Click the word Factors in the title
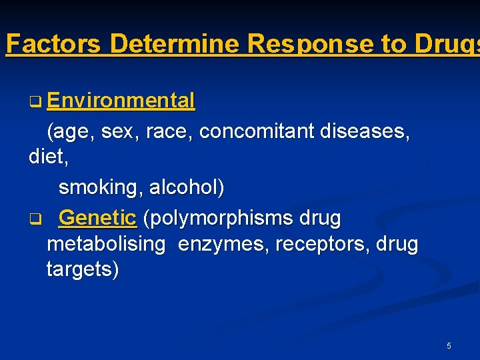[54, 44]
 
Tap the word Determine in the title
[175, 44]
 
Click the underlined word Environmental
[121, 101]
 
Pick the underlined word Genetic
[97, 217]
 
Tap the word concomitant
[257, 131]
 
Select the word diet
[44, 157]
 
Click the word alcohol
[186, 188]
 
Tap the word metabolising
[106, 245]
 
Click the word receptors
[313, 245]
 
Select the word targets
[82, 270]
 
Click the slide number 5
[449, 346]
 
